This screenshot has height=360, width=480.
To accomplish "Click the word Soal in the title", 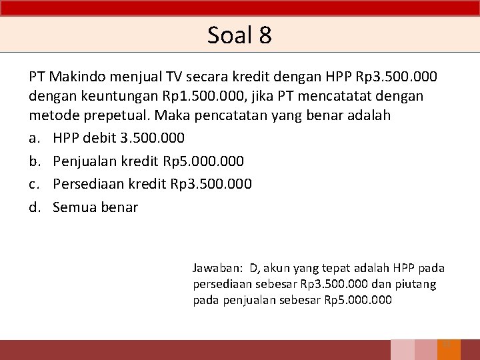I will click(x=229, y=35).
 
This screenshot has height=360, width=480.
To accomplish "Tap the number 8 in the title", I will click(x=265, y=35).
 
